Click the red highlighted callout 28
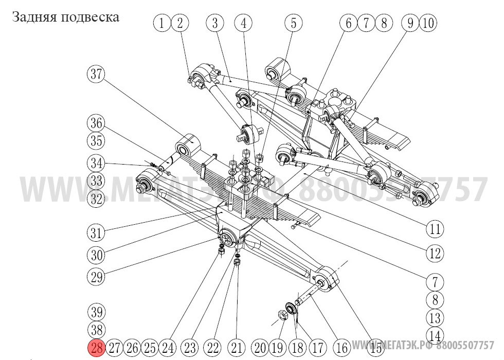tap(97, 348)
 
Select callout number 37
tap(96, 74)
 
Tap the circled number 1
tap(162, 23)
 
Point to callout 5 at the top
tap(294, 23)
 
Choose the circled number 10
tap(428, 23)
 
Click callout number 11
tap(436, 229)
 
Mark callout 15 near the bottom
tap(377, 348)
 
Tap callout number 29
tap(96, 277)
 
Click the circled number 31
tap(96, 232)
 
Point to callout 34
tap(96, 164)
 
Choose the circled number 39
tap(96, 312)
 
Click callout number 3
tap(215, 23)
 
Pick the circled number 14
tap(436, 335)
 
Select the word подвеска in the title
tap(90, 17)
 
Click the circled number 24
tap(167, 348)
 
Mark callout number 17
tap(317, 348)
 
